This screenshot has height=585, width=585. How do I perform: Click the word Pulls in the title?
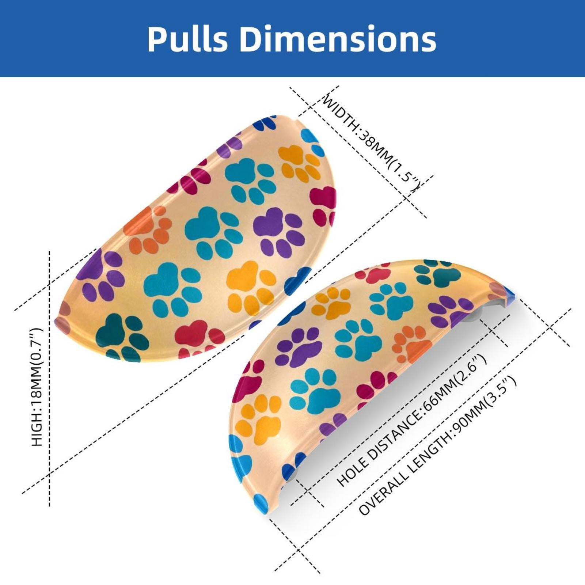pos(187,39)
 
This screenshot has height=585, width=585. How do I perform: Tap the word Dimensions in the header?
pos(338,39)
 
